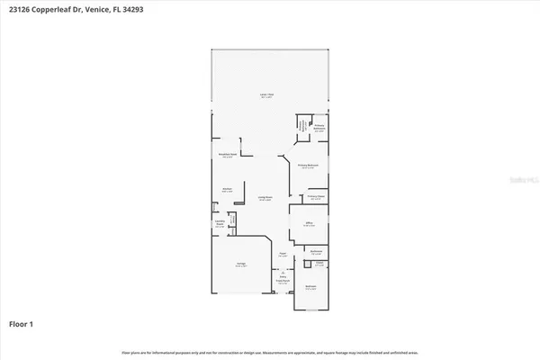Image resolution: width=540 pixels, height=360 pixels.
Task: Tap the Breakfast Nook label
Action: coord(228,156)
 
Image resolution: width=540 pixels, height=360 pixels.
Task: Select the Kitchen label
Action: coord(228,191)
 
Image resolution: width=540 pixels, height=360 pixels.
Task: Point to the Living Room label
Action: coord(266,199)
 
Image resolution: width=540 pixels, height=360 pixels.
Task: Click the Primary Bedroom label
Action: coord(308,166)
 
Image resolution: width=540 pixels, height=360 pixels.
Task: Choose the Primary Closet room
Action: coord(315,197)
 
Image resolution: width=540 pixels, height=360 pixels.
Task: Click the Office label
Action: coord(309,224)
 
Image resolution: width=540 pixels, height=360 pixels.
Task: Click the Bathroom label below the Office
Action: coord(317,252)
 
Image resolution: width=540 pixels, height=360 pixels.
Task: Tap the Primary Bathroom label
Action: coord(319,130)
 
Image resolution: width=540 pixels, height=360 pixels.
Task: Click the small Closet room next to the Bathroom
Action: coord(319,265)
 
